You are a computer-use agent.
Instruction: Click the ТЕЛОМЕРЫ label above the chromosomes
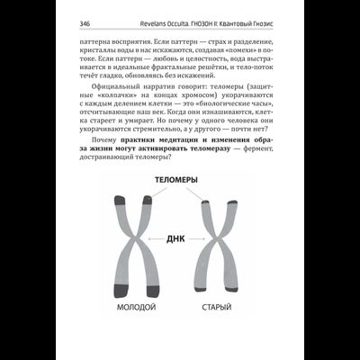coord(177,179)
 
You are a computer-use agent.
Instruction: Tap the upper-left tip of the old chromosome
coord(206,203)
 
